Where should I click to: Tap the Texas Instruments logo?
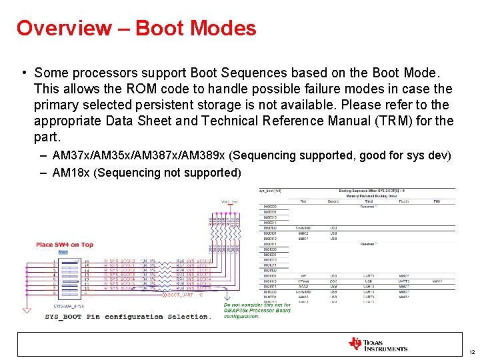point(377,344)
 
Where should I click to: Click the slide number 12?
point(471,351)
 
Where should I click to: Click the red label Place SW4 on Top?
point(64,245)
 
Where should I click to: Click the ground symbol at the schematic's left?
point(26,309)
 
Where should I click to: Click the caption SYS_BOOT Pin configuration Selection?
point(127,317)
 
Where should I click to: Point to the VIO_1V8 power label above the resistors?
point(230,202)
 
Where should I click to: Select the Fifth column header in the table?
point(437,200)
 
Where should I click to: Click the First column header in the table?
point(303,200)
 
